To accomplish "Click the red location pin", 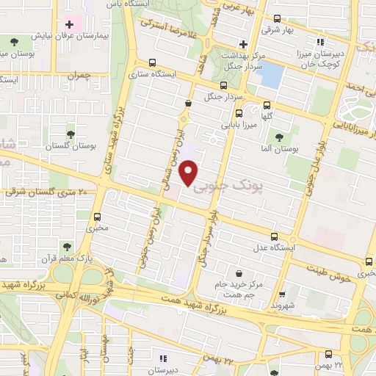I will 191,173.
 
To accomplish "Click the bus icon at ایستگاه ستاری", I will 152,63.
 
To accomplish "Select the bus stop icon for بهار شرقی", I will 277,20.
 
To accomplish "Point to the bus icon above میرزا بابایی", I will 239,112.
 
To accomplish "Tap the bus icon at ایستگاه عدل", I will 275,236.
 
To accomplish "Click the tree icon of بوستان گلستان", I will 70,134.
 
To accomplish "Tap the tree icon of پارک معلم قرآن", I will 67,246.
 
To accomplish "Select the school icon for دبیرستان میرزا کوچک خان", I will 319,42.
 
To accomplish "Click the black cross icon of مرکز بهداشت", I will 242,42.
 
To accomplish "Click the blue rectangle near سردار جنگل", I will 271,75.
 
